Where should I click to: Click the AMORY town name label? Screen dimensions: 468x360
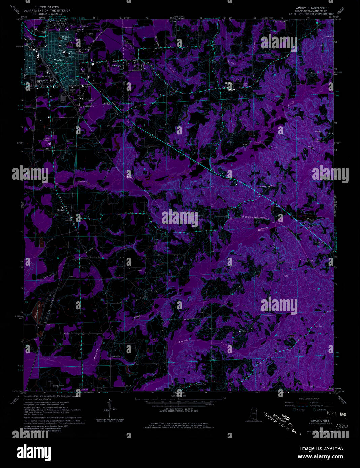[x=61, y=60]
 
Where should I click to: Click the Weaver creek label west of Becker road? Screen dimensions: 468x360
[x=82, y=182]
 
